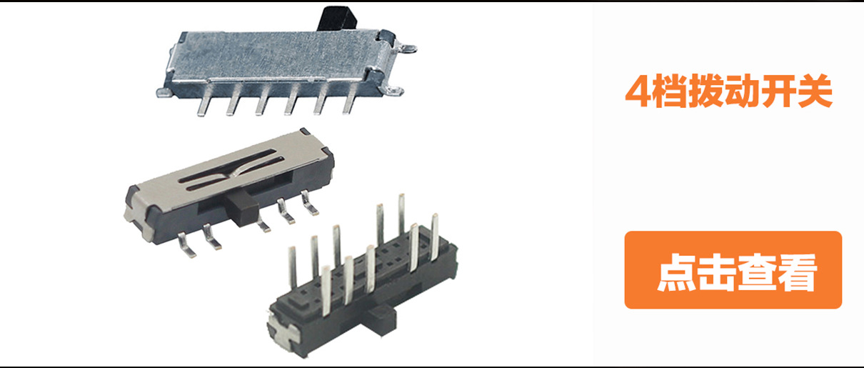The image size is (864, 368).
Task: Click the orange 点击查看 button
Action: coord(733,270)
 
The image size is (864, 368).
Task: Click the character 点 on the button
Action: coord(676,272)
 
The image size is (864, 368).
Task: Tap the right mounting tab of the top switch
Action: coord(408,49)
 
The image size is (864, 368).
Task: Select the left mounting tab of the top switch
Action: coord(163,91)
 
